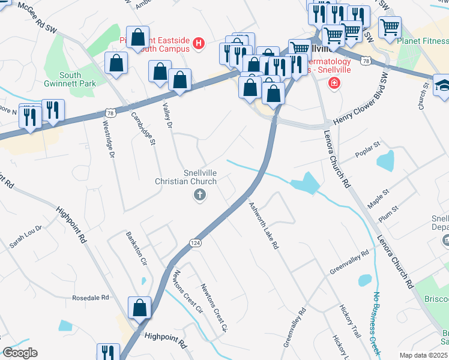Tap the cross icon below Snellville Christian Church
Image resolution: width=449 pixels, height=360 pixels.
click(199, 194)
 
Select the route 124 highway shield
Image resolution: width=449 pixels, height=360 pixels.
click(195, 242)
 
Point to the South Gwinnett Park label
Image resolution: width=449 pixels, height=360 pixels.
click(79, 80)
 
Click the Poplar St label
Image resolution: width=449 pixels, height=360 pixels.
click(369, 146)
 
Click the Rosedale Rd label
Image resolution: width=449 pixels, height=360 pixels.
click(91, 297)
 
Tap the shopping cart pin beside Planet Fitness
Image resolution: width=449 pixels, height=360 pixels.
click(390, 26)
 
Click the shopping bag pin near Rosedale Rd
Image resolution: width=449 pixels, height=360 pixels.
click(140, 307)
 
